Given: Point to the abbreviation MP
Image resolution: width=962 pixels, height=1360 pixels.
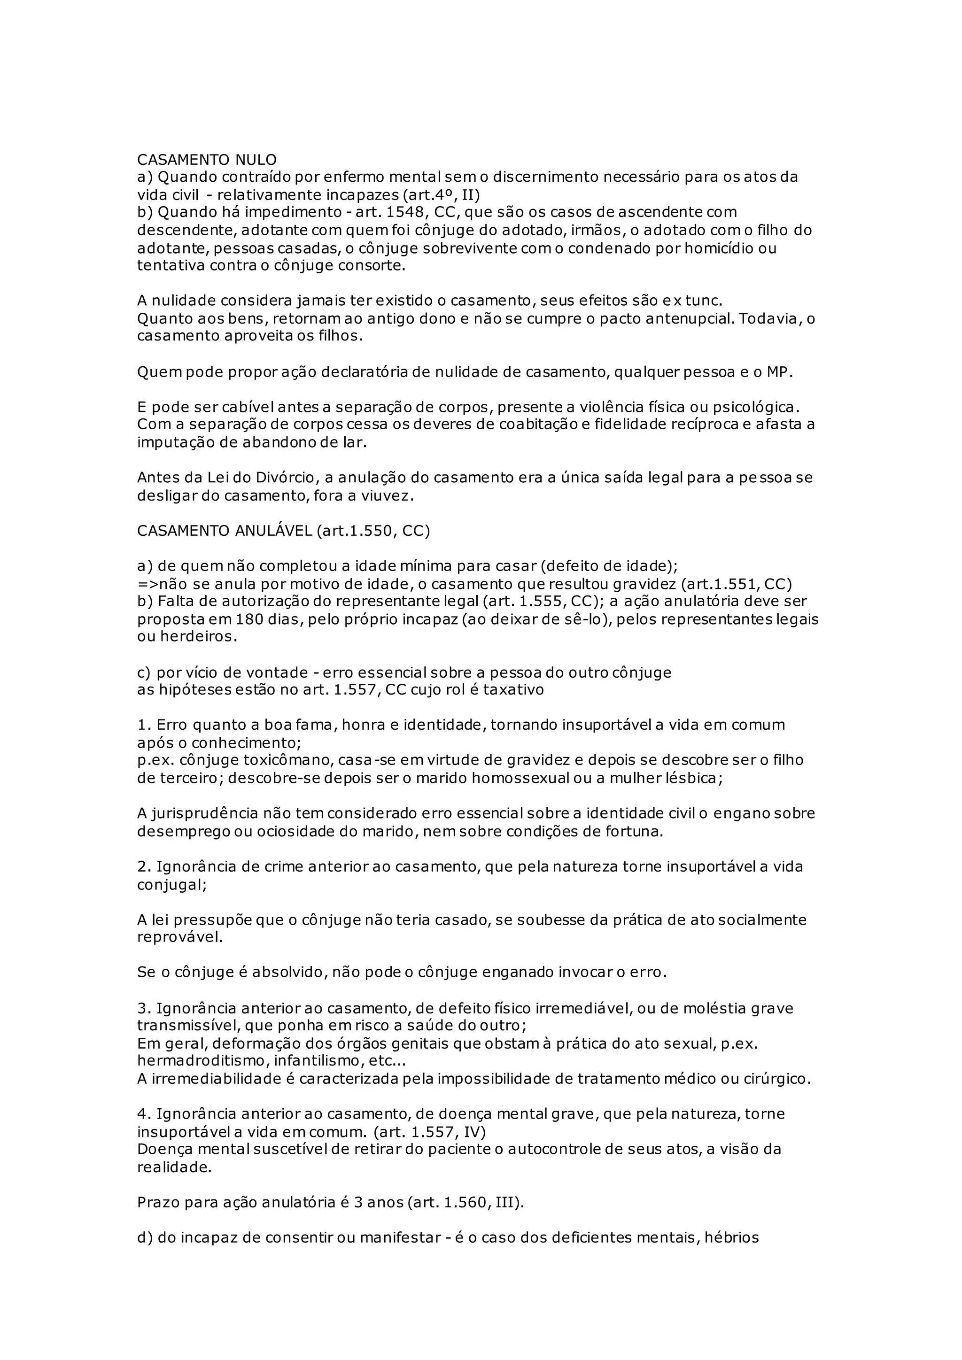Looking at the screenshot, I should (778, 372).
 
